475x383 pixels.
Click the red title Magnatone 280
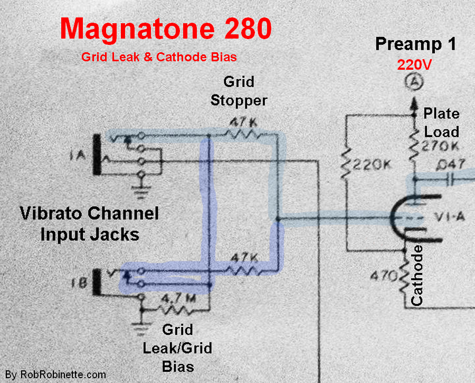point(166,29)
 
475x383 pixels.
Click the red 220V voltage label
point(414,64)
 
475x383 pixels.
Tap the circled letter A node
point(414,81)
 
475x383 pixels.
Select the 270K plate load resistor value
point(440,147)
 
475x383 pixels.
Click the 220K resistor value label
point(372,165)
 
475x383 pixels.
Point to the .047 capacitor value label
point(451,165)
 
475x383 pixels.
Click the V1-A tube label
point(450,217)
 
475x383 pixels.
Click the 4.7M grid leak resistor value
point(179,298)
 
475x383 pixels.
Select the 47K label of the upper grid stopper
point(243,123)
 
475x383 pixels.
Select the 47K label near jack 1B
point(244,258)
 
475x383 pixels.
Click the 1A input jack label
point(78,156)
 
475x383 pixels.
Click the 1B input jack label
point(79,283)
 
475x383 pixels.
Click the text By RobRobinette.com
point(55,375)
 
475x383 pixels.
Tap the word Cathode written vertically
point(416,275)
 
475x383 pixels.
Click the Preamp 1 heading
point(416,44)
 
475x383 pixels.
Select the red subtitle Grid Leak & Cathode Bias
point(159,57)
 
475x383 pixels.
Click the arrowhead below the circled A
point(414,104)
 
